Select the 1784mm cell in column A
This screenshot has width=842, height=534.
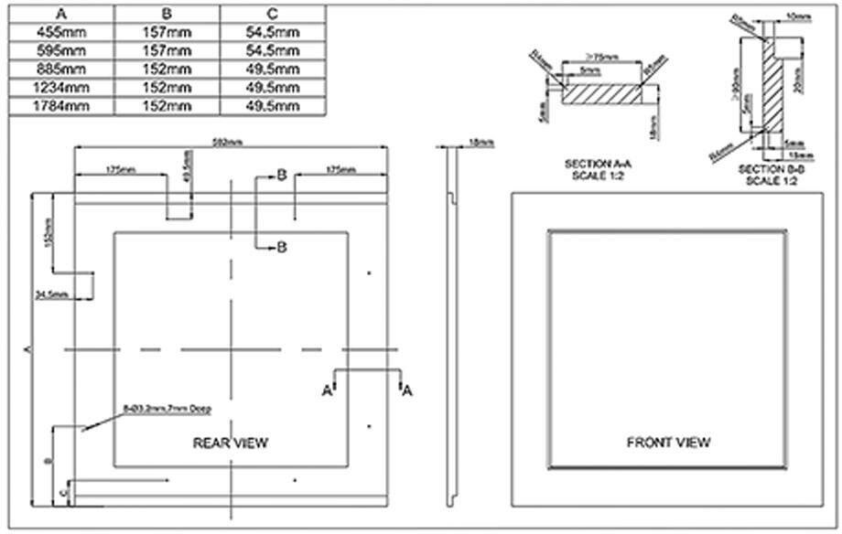(x=60, y=106)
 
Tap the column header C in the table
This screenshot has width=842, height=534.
(x=274, y=14)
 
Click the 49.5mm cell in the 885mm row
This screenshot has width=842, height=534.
(x=274, y=69)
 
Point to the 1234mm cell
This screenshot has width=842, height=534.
(x=60, y=88)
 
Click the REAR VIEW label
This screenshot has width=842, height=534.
(x=231, y=443)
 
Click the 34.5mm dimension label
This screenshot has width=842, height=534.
(x=53, y=294)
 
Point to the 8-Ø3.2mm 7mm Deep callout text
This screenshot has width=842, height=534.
(x=160, y=409)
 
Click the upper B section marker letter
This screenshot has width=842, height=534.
(x=283, y=175)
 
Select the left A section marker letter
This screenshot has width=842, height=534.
(x=326, y=390)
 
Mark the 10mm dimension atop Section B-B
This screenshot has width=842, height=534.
(x=798, y=16)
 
